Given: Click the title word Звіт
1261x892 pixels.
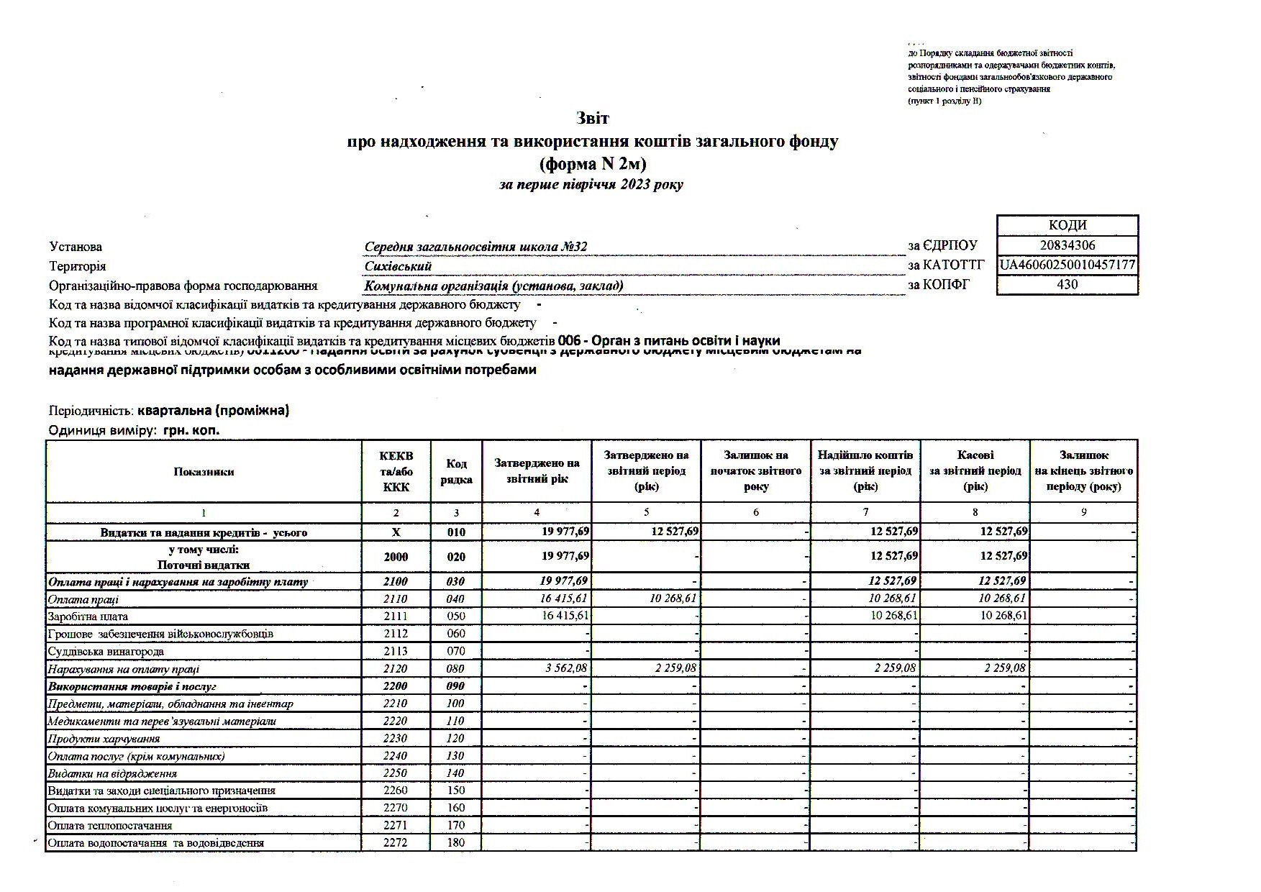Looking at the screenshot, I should pos(592,118).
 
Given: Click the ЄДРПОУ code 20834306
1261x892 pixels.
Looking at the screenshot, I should pos(1067,245).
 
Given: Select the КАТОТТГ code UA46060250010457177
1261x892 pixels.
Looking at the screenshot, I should pos(1067,265).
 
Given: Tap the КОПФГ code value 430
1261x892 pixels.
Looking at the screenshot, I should pos(1067,284).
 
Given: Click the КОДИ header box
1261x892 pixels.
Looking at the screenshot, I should pos(1067,225).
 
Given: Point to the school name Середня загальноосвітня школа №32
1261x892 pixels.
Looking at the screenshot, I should pos(475,247).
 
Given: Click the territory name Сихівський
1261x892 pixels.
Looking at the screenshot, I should pos(398,266).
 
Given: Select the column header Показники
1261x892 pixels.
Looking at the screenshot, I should pos(204,472).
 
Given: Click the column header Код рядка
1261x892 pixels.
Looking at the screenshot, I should pos(456,472).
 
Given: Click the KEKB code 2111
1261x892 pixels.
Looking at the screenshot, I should pos(396,616).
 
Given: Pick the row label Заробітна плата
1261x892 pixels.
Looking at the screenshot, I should pos(88,616).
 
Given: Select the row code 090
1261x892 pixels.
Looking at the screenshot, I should pos(456,686).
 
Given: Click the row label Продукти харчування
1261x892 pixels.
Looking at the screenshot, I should pos(104,739).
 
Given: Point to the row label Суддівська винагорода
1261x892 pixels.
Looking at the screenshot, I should pos(106,652).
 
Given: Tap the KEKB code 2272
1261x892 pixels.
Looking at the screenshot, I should pos(396,843).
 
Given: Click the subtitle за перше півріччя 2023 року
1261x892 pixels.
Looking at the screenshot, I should pos(591,185).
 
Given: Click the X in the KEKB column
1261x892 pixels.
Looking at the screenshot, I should pos(396,533).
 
